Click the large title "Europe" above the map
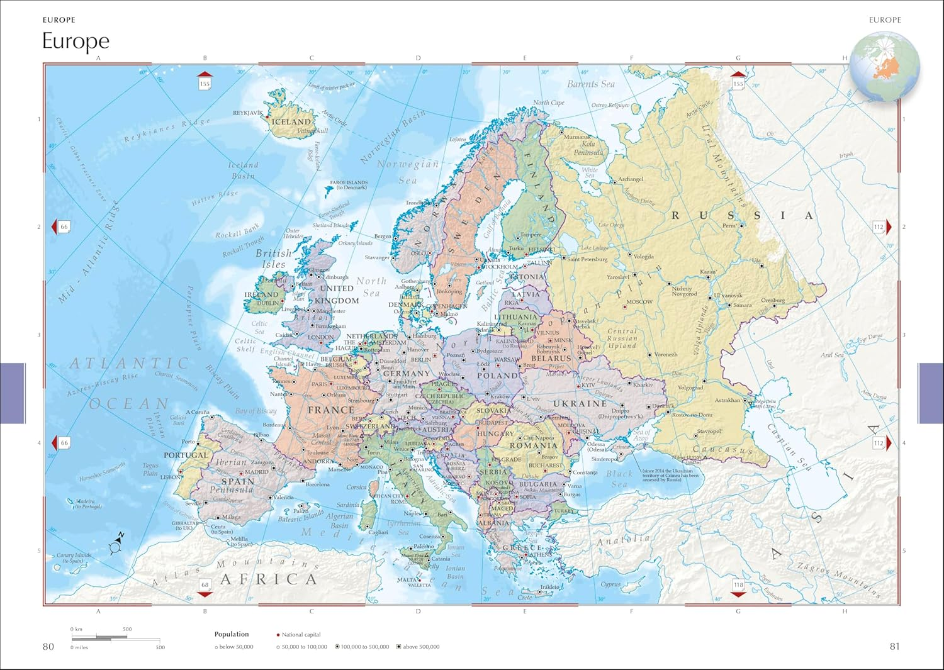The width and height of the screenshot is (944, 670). pos(76,41)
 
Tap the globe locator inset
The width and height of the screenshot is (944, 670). pos(884,66)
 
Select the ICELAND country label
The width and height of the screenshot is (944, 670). pos(291,121)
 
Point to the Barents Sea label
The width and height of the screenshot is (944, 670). pos(591,84)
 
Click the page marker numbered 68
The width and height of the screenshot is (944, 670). pos(205,585)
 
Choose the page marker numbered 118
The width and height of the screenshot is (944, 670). pos(738,585)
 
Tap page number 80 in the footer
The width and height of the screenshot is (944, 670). pos(48,647)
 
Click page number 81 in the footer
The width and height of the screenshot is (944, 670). pos(894,647)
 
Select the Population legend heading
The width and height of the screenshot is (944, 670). pos(232,634)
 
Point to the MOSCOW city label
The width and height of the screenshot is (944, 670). pos(639,302)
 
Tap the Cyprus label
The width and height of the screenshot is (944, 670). pos(610,584)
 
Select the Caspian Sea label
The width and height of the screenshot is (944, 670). pos(789,447)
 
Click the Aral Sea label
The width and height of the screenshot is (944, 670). pos(831,355)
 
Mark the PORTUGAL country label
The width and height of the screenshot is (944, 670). pos(186,455)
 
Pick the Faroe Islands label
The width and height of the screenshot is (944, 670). pos(349,185)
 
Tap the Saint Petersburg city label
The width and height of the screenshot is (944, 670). pos(587,259)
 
